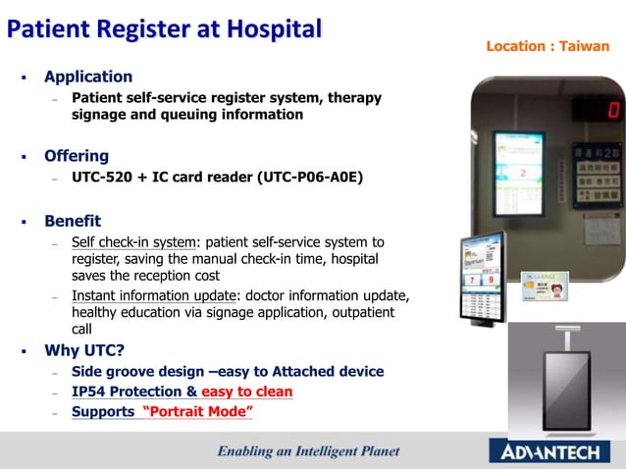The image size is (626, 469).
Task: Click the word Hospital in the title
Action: point(274,30)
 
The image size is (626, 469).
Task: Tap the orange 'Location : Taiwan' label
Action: point(548,46)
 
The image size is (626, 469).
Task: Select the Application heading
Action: point(88,77)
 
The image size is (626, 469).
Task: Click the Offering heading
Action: point(77,156)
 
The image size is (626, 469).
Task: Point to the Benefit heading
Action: point(73,221)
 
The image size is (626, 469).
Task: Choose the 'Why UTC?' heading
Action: point(84,350)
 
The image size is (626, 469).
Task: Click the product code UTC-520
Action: point(103,178)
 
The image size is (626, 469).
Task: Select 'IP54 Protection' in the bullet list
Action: point(130,392)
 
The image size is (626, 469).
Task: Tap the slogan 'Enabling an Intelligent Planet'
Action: point(308,452)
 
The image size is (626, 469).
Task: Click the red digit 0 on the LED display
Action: point(613,109)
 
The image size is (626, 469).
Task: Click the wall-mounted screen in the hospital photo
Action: point(520,172)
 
